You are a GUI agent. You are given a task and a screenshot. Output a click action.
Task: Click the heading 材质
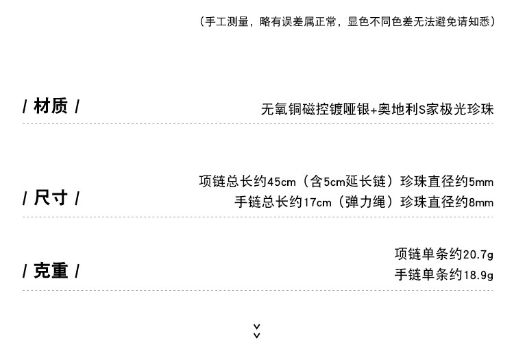pos(51,106)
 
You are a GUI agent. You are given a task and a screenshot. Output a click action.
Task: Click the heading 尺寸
pos(51,198)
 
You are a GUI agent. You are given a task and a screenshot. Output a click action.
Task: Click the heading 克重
pos(51,271)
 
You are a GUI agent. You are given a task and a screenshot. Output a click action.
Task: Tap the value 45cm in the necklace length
pos(281,182)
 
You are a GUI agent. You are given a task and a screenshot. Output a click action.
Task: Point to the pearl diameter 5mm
pos(481,182)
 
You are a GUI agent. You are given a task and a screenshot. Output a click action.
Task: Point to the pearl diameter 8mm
pos(481,202)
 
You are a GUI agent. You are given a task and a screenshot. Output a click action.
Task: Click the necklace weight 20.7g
pos(478,254)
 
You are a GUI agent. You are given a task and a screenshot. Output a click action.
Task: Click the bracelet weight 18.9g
pos(478,275)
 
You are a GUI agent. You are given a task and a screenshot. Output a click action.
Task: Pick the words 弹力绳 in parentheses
pos(366,202)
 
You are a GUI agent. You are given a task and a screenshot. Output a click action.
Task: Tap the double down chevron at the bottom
pos(257,331)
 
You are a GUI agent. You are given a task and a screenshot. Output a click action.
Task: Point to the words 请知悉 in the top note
pos(474,21)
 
